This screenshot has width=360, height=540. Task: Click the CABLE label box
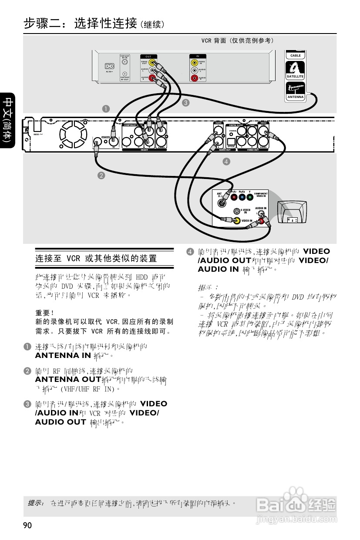coord(296,56)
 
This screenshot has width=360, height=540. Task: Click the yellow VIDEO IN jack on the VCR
coord(194,62)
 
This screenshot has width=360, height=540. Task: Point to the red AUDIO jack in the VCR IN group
coord(194,78)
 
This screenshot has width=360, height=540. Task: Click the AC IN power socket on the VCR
coord(109,67)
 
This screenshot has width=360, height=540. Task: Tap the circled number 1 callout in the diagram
coord(105,108)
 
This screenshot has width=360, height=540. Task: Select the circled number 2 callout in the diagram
coord(101,175)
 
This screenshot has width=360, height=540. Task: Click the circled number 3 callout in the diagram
coord(185,103)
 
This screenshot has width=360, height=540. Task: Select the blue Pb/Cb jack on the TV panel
coord(242,197)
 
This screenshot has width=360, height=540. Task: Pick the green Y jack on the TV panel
coord(250,197)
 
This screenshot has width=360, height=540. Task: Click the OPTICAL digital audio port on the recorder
coord(231,141)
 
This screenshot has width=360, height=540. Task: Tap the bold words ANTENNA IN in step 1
coord(63,355)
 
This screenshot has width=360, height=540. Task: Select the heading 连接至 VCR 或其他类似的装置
coord(96,259)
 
